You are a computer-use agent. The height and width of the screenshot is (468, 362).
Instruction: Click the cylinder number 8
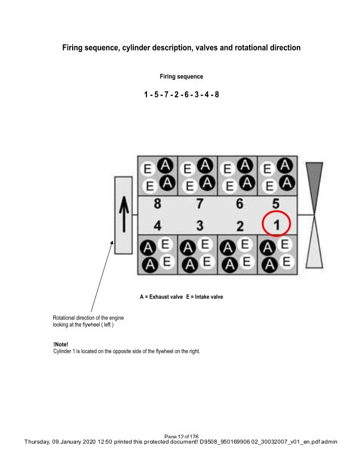[157, 204]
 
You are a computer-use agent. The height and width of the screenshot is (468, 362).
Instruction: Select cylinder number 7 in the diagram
[200, 204]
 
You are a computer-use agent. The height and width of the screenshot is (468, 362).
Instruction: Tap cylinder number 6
[239, 204]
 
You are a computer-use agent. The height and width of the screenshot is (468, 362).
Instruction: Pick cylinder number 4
[157, 226]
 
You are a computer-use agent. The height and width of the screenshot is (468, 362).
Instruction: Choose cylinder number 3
[200, 226]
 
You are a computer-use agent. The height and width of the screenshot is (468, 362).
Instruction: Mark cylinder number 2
[239, 226]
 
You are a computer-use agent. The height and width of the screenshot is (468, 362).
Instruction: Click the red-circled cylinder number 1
[276, 226]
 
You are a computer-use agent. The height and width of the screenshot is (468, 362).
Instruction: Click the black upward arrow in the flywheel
[123, 215]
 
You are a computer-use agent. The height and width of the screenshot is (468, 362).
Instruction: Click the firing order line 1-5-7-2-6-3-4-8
[181, 94]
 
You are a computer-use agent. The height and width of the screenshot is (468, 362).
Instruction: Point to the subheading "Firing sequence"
[181, 76]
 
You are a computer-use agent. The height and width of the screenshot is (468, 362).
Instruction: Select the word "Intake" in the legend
[200, 296]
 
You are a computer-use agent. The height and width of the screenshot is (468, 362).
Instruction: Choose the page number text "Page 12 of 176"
[181, 436]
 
